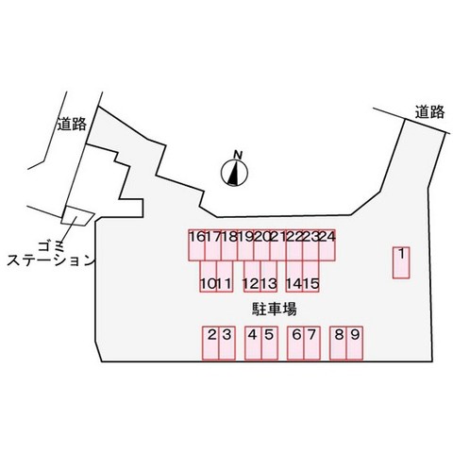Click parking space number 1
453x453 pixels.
point(401,262)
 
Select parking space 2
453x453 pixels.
point(210,343)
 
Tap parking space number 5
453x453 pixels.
point(270,343)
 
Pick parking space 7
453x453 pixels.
point(312,343)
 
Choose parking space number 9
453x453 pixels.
point(355,343)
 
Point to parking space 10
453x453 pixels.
point(208,277)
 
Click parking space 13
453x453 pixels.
point(269,277)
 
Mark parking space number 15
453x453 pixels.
point(310,277)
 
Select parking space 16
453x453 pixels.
point(196,245)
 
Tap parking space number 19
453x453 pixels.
point(245,245)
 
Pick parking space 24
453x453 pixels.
point(327,245)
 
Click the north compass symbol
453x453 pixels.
point(234,173)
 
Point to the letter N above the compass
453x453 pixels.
point(238,155)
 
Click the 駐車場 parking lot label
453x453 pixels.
point(275,309)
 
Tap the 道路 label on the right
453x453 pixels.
point(429,112)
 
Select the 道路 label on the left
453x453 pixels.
point(72,124)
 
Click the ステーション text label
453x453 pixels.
point(51,260)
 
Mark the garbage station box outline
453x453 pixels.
point(77,216)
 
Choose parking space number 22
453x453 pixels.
point(294,245)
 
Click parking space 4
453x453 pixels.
point(253,343)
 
